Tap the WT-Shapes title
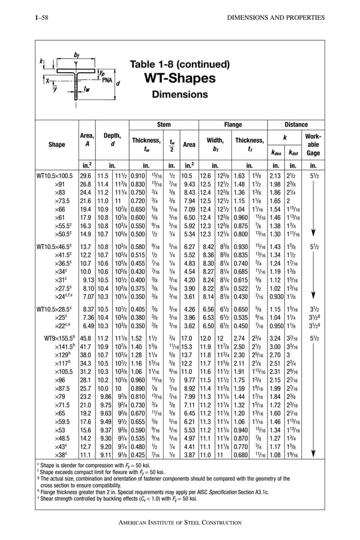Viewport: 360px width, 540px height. pos(179,77)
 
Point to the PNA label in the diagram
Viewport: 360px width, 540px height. pos(108,79)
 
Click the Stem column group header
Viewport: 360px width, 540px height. pos(164,125)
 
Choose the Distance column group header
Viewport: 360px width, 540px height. pos(296,125)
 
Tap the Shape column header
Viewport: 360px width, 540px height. pos(56,144)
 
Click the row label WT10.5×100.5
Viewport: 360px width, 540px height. pos(56,176)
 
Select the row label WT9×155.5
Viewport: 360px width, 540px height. pos(56,339)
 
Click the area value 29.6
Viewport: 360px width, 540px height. pos(85,176)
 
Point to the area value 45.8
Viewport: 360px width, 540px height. pos(85,339)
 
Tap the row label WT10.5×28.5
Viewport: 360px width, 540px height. pos(56,309)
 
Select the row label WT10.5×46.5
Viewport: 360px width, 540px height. pos(56,247)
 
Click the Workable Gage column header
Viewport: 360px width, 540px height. pos(313,144)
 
